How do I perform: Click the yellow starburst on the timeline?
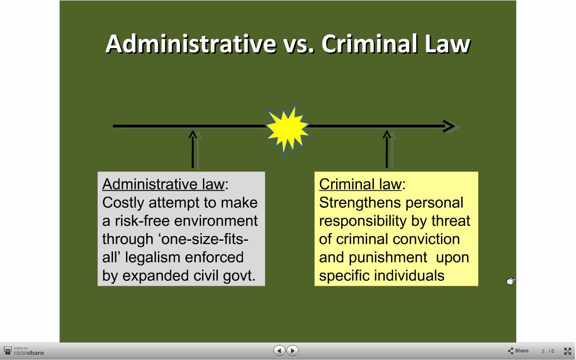point(288,129)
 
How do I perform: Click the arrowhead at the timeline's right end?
point(449,126)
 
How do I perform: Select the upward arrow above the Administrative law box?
point(193,149)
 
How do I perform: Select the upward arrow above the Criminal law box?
point(387,149)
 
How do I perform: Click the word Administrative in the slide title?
point(191,44)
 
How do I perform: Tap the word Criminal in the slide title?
point(369,44)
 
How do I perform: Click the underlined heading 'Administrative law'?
point(163,184)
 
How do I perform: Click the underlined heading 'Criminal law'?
point(360,184)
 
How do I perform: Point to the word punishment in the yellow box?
point(388,257)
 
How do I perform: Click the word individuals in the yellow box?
point(409,275)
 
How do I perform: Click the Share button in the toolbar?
point(518,351)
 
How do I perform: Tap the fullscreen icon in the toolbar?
point(567,351)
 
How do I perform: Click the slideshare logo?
point(24,351)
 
